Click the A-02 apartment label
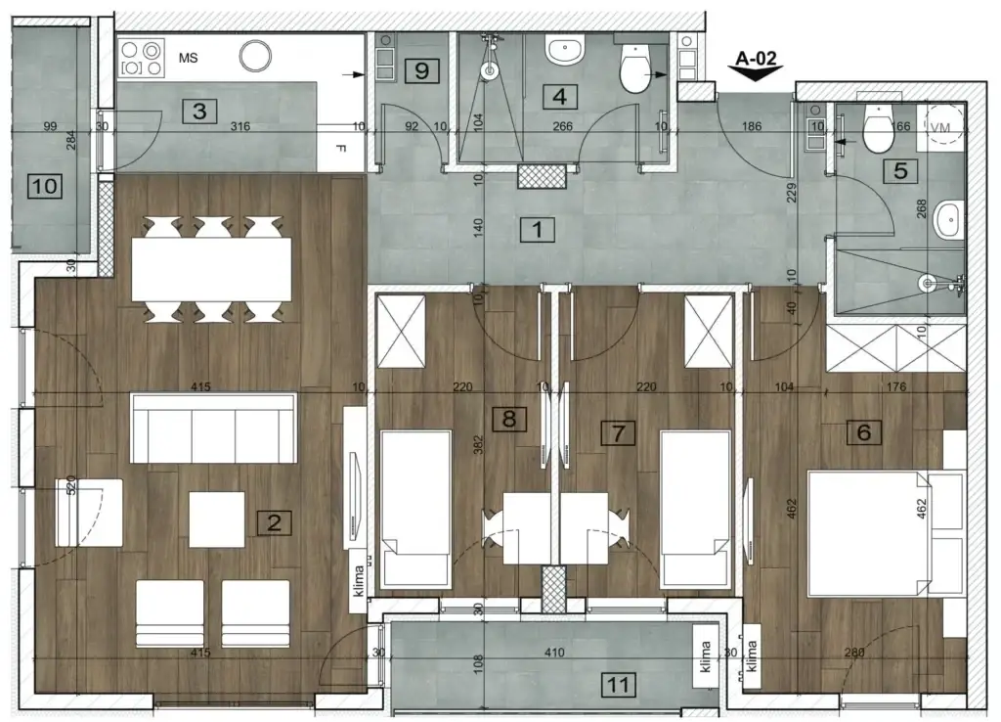tap(757, 59)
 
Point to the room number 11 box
tap(617, 684)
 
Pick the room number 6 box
tap(865, 431)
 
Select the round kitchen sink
tap(256, 55)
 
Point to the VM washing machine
tap(942, 128)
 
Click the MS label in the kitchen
tap(189, 58)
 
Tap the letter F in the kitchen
tap(339, 150)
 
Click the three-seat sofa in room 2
tap(214, 429)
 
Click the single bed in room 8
tap(415, 510)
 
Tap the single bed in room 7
tap(696, 510)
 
